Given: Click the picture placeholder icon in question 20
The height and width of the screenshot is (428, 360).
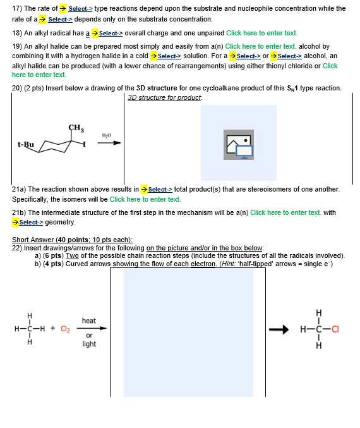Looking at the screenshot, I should pyautogui.click(x=239, y=145).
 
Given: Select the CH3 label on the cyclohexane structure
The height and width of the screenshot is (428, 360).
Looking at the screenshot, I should pyautogui.click(x=75, y=128).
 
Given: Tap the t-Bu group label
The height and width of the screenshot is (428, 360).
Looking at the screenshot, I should pyautogui.click(x=26, y=144).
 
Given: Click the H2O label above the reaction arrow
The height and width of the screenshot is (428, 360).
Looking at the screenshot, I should pyautogui.click(x=106, y=135).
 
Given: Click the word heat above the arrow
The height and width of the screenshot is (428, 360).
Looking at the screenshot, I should pyautogui.click(x=89, y=321).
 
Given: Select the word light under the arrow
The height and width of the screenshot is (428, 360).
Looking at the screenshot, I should pyautogui.click(x=89, y=344).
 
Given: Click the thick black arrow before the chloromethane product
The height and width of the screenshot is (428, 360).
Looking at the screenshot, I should pyautogui.click(x=279, y=328).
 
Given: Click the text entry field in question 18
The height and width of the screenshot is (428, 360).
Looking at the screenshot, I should pyautogui.click(x=261, y=33).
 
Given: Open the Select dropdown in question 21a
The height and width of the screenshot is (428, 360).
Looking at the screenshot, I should pyautogui.click(x=160, y=189).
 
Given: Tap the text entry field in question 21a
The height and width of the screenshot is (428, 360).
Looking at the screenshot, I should pyautogui.click(x=145, y=199).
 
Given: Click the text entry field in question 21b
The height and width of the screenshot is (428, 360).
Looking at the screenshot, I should pyautogui.click(x=286, y=212).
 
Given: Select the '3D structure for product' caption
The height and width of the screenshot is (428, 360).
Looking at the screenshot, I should pyautogui.click(x=164, y=98).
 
